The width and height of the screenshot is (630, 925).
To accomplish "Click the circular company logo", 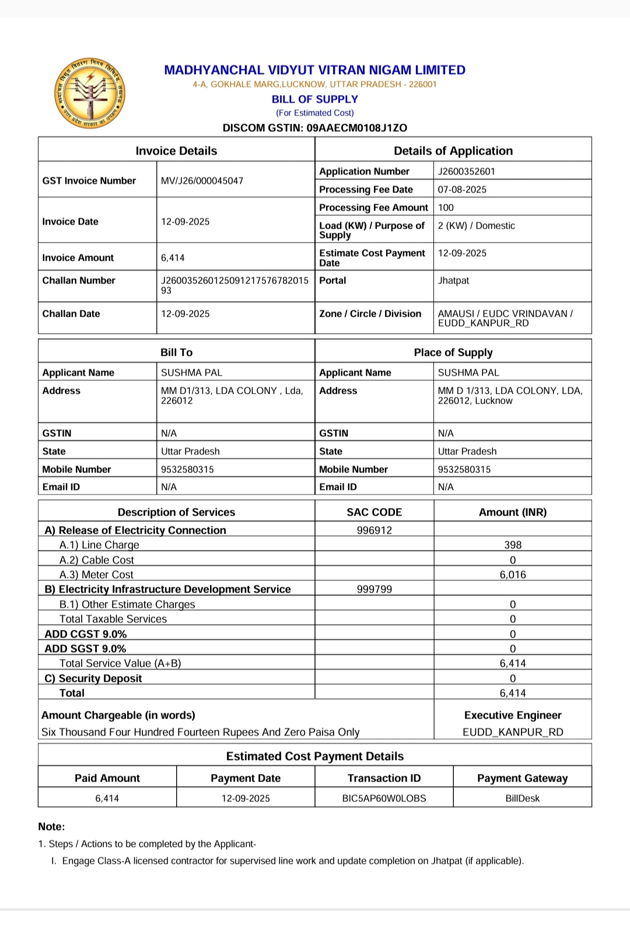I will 90,94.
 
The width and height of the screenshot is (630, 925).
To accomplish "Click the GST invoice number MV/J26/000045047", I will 202,181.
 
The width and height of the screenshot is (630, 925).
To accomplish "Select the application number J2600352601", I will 466,171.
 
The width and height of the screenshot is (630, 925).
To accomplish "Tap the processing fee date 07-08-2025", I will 462,190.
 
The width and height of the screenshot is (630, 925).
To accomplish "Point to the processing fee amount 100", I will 446,208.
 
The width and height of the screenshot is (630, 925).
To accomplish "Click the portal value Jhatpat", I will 453,281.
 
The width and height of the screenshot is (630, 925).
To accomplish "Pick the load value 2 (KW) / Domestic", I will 476,226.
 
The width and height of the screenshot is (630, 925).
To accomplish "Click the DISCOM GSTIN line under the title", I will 315,128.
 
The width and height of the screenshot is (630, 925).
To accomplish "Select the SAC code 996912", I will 374,530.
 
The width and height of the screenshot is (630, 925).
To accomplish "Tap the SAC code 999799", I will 374,589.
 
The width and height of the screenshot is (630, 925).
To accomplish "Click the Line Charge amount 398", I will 513,545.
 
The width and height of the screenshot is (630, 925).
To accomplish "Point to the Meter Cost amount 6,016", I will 513,574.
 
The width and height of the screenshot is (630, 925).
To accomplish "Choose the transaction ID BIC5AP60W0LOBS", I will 384,798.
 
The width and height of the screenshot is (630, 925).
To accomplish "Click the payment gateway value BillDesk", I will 522,798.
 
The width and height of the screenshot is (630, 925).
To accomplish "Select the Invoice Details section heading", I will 176,151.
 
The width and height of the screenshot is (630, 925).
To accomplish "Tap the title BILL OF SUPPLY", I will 315,99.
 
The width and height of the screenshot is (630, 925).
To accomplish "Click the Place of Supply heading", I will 453,352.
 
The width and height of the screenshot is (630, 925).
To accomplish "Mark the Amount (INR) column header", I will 513,512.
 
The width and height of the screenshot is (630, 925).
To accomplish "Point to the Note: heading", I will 52,826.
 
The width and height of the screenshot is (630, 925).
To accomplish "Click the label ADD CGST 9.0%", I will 86,634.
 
